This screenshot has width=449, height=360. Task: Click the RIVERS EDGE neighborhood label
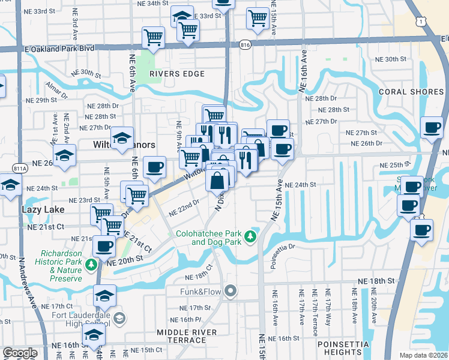[177, 74]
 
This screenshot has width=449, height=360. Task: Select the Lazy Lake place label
[26, 210]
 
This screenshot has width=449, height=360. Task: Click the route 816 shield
[244, 44]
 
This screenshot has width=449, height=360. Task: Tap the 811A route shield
[20, 169]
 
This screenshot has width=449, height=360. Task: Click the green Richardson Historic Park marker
[91, 265]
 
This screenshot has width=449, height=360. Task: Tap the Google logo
[20, 353]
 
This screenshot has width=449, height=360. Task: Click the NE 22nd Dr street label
[184, 208]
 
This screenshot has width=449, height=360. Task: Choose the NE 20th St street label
[124, 258]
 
